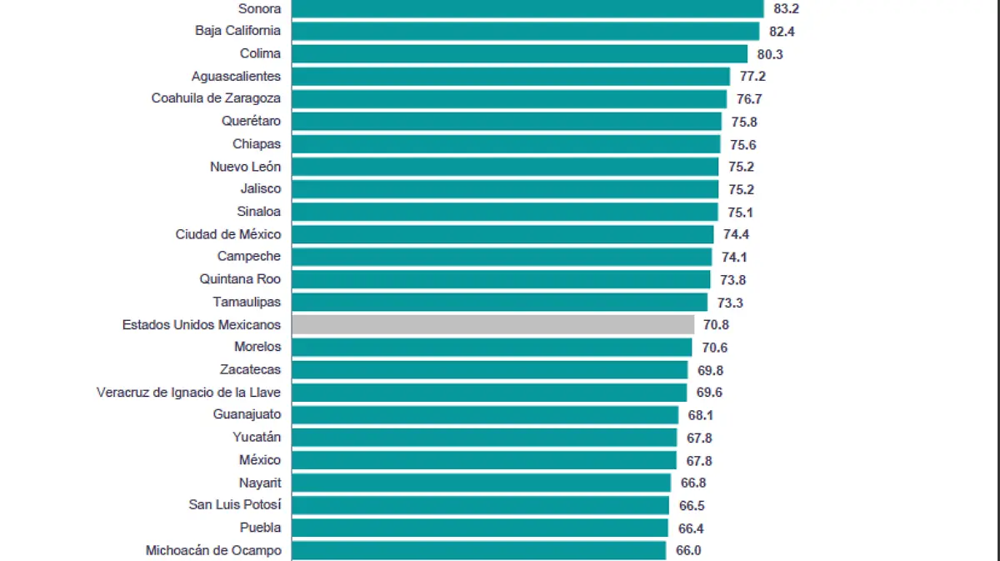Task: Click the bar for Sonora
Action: [x=527, y=8]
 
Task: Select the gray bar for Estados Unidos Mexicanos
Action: [x=492, y=324]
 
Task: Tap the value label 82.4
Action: [x=783, y=31]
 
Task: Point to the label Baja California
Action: [x=237, y=31]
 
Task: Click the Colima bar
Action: [x=519, y=53]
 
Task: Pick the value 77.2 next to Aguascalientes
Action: [x=752, y=76]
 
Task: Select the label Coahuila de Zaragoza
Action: [x=216, y=98]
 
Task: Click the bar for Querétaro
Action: [x=507, y=121]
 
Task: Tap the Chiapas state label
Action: [x=257, y=143]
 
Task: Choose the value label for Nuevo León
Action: [x=742, y=166]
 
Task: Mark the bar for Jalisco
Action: [x=505, y=188]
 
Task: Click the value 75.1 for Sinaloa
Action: [x=741, y=212]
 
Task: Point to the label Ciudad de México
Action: [x=227, y=234]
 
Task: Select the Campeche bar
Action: [x=502, y=257]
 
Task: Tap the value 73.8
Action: [x=733, y=279]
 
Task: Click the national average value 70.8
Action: [x=717, y=324]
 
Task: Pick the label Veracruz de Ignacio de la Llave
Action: [x=188, y=392]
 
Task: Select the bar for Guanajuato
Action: [x=485, y=414]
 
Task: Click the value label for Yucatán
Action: [x=700, y=438]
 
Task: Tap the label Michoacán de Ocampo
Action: [x=213, y=550]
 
